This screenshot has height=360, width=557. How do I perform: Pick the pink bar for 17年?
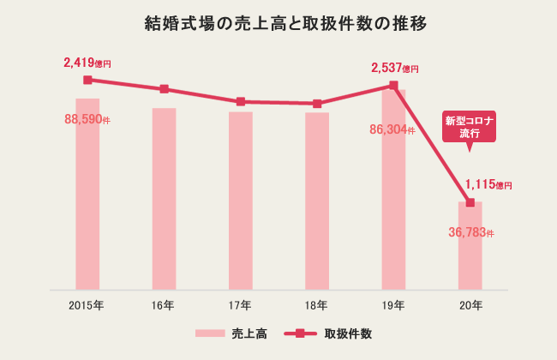click(241, 201)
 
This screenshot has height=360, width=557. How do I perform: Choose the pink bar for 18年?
click(317, 201)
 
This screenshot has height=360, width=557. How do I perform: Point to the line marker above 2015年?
click(87, 80)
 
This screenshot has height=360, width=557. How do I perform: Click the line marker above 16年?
click(164, 89)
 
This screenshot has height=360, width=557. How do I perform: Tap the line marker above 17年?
click(241, 102)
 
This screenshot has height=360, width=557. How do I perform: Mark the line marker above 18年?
click(317, 104)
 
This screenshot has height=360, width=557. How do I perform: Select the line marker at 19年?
click(393, 85)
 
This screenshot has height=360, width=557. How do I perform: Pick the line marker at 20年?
click(470, 202)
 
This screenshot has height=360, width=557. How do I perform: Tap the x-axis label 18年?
click(317, 305)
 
